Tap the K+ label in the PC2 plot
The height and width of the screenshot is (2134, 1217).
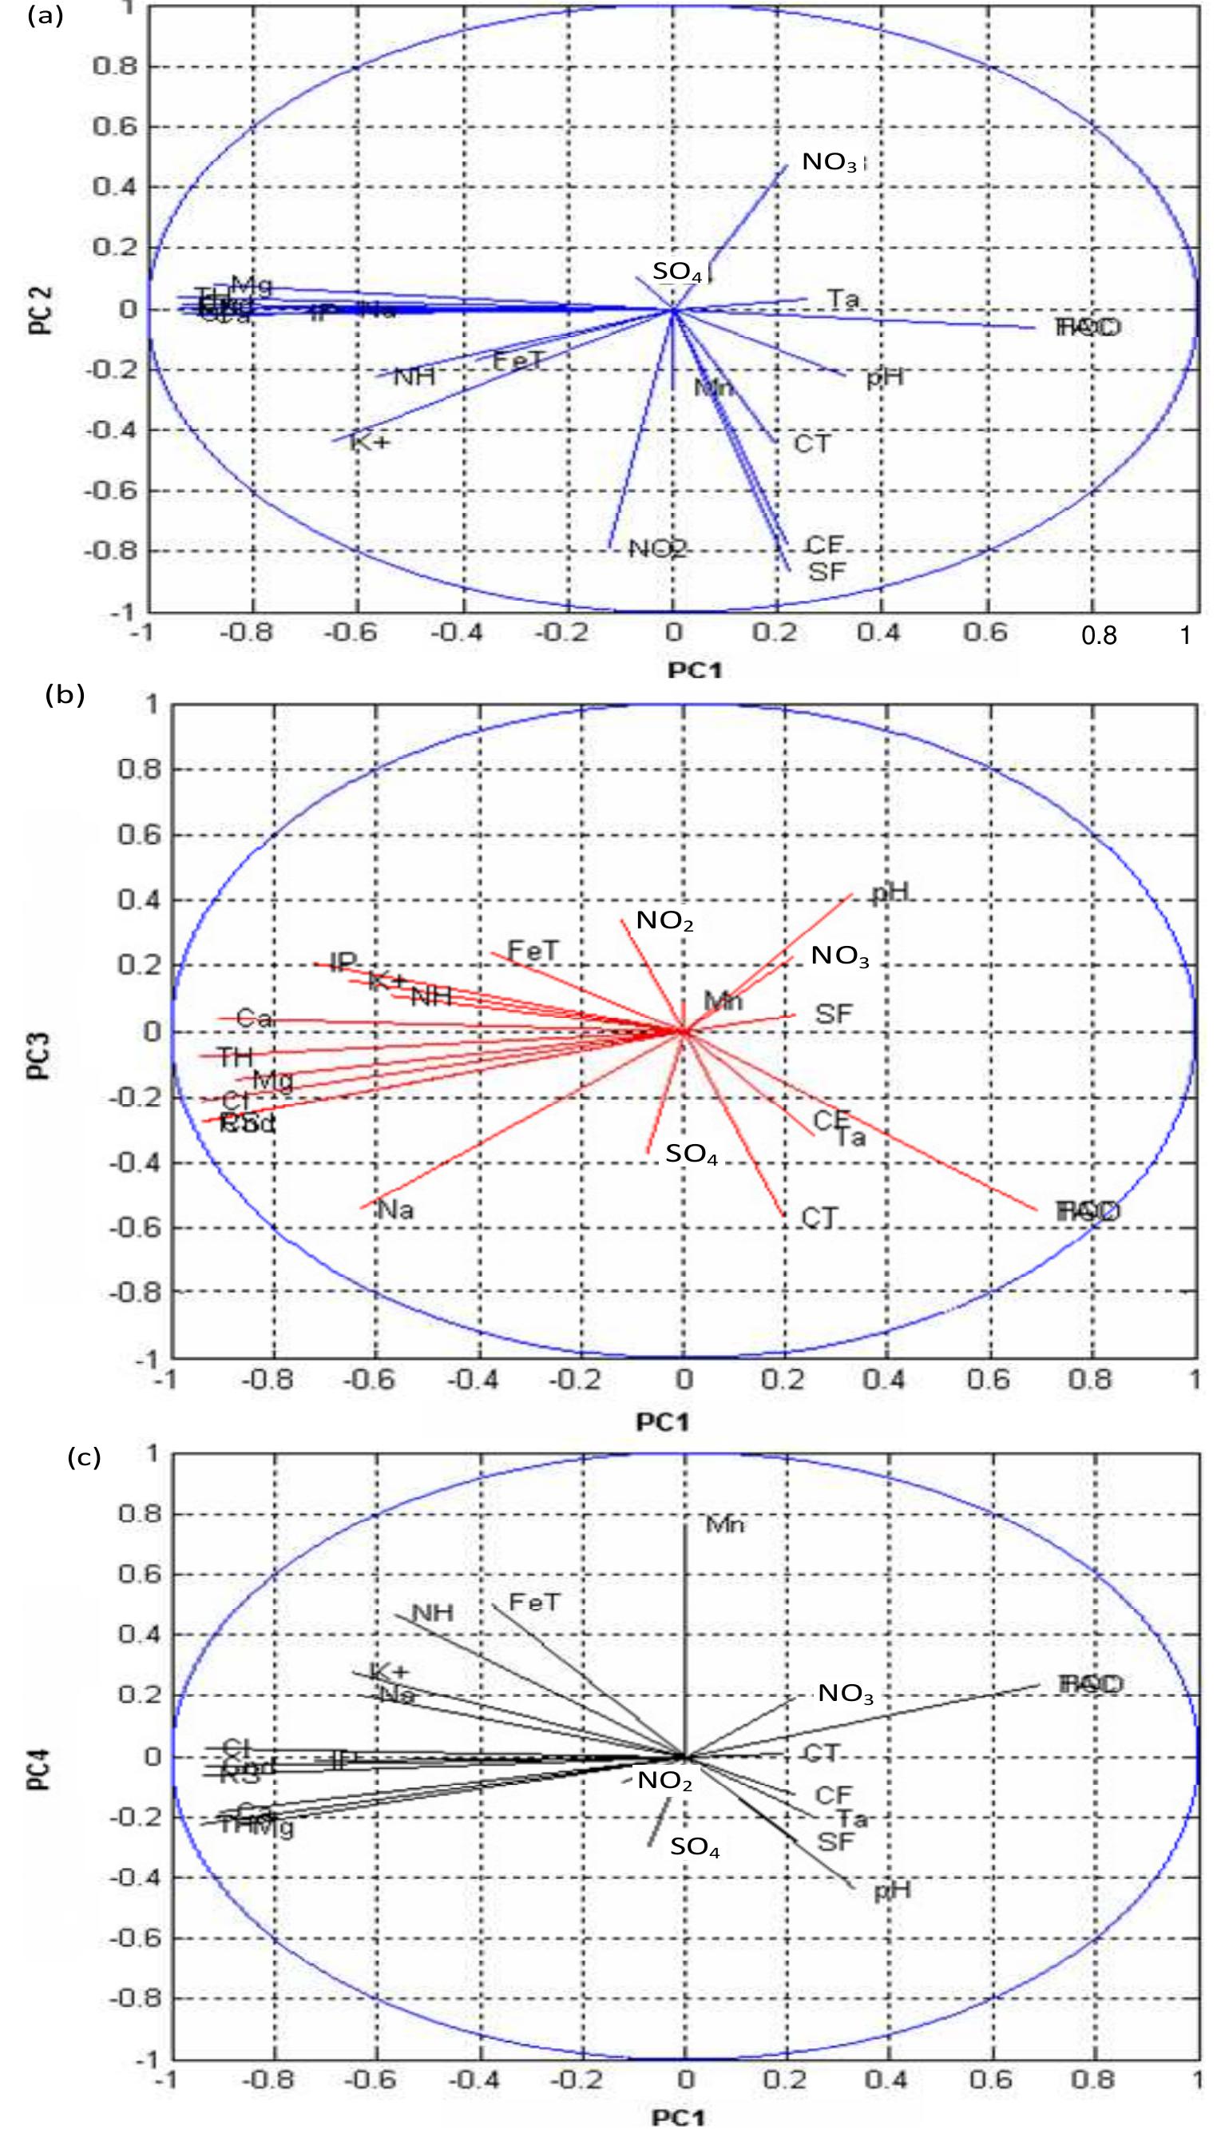[370, 442]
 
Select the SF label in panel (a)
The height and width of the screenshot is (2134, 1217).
[826, 572]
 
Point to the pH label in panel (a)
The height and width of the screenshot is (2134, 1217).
[884, 378]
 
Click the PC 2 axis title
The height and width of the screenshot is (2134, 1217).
[41, 310]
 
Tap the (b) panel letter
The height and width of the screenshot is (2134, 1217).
[65, 696]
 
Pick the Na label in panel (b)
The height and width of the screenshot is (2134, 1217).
[395, 1209]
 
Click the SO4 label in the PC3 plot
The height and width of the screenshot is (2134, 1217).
[692, 1155]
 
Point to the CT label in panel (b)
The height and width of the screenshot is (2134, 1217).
[819, 1218]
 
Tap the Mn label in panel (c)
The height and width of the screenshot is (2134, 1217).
[726, 1524]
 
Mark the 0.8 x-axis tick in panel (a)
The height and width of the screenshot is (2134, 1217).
[1099, 636]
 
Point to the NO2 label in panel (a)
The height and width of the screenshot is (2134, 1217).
[657, 550]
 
